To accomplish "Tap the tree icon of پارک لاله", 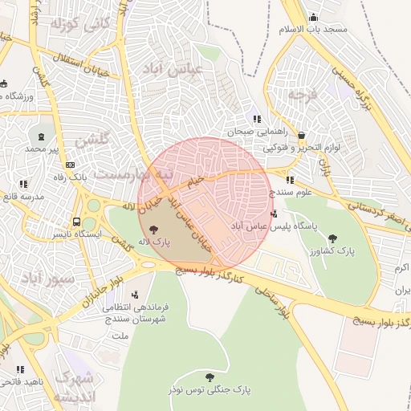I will [153, 229].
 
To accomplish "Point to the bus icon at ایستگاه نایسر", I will [76, 222].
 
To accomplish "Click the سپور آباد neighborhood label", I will [48, 277].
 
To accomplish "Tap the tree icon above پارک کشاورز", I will [333, 238].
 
